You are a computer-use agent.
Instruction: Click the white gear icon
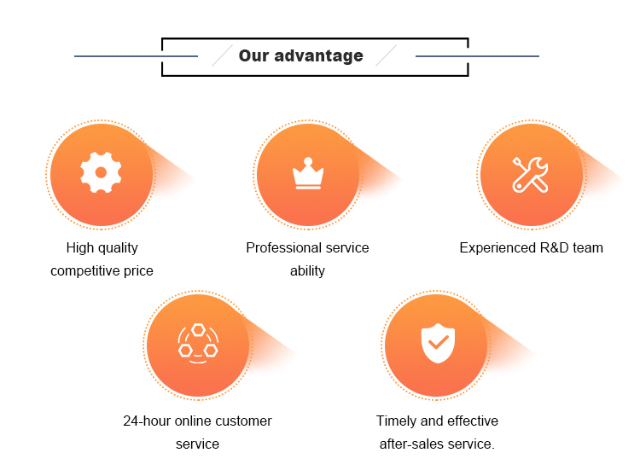[101, 172]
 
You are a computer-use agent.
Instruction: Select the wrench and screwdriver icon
[530, 175]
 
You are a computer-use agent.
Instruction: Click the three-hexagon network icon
[198, 344]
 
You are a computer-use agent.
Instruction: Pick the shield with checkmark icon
[438, 343]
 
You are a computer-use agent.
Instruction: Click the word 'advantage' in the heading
[318, 56]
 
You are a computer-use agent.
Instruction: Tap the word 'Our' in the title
[253, 55]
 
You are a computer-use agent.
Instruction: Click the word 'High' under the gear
[80, 247]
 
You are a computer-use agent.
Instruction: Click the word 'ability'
[307, 270]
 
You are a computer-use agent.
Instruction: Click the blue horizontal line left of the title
[136, 56]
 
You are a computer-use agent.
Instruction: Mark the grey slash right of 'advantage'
[386, 55]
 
